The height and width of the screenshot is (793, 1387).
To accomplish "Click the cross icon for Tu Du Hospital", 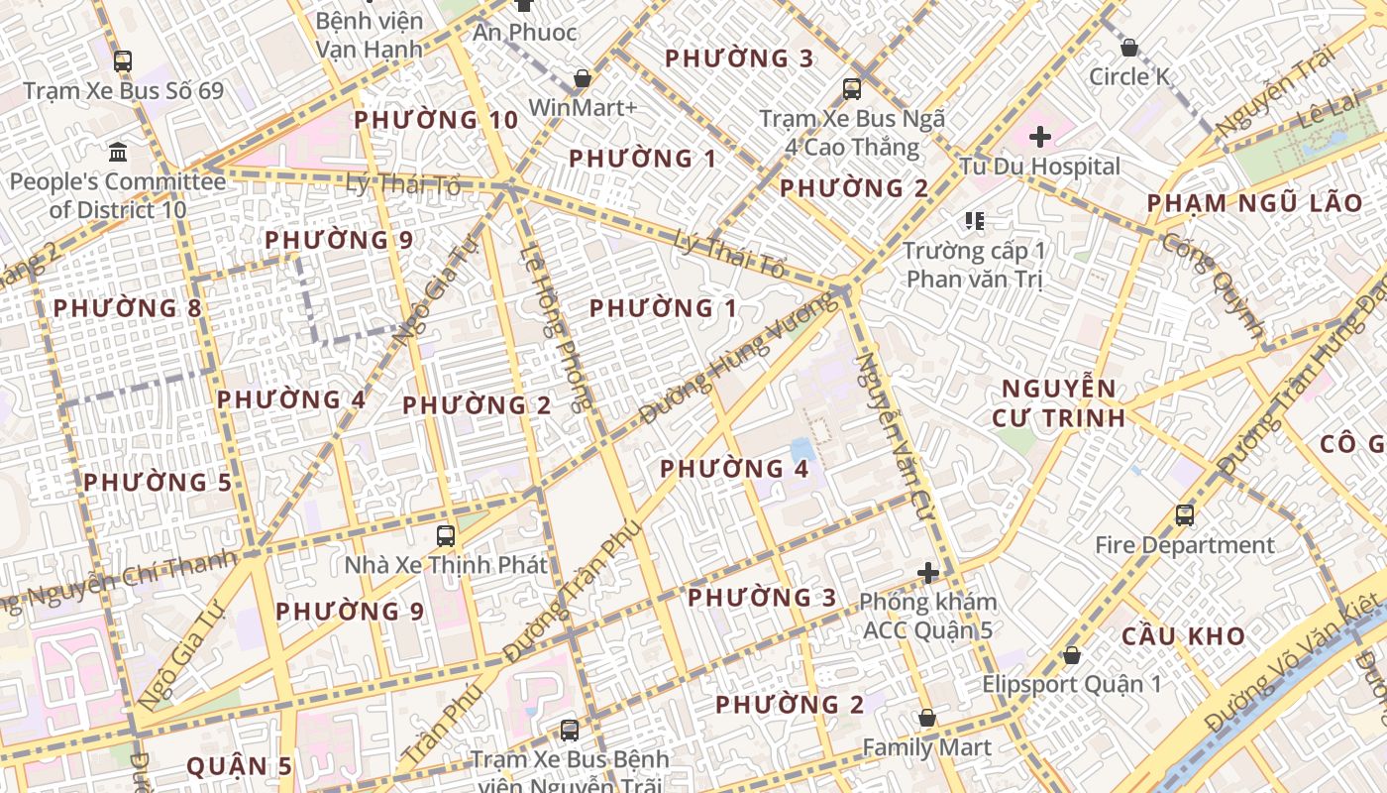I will [1040, 137].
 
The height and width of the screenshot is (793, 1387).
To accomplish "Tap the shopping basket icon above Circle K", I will [1128, 47].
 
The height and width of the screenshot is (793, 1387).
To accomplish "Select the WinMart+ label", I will [583, 107].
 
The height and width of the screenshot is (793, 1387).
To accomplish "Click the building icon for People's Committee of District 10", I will [118, 153].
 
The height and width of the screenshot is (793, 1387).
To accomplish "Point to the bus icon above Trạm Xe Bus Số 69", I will [123, 61].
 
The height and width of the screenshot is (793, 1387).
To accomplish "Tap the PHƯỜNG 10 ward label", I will [436, 120].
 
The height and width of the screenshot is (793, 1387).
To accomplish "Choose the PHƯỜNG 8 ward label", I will [127, 308].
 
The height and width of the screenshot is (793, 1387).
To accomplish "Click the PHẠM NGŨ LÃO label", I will [1254, 203].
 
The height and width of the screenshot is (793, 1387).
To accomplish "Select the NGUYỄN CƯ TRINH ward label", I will [1059, 402].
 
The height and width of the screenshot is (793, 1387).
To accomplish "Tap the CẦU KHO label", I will [1183, 636].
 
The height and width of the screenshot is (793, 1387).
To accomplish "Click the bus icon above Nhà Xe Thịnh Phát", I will [446, 536].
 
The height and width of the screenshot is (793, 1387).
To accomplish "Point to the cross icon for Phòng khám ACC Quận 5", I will [928, 573].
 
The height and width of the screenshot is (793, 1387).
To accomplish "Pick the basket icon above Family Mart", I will [927, 718].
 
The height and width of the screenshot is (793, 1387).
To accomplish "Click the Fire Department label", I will [1184, 545].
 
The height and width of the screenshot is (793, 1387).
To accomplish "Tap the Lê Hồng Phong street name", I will [562, 328].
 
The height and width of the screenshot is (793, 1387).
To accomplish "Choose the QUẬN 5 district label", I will [240, 766].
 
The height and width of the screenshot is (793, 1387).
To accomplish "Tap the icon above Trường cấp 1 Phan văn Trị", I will [975, 220].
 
